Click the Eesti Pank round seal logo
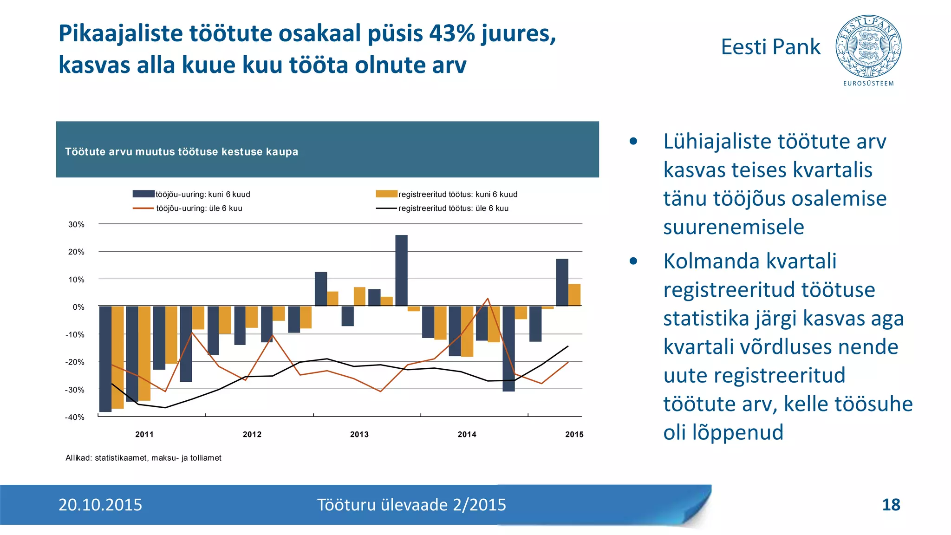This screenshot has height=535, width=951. pyautogui.click(x=868, y=46)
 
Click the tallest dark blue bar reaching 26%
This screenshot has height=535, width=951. pyautogui.click(x=401, y=270)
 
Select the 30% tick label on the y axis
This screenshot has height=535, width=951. pyautogui.click(x=76, y=224)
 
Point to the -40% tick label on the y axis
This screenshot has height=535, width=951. pyautogui.click(x=75, y=417)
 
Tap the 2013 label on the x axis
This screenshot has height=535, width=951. pyautogui.click(x=359, y=434)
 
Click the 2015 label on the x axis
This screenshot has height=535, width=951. pyautogui.click(x=574, y=434)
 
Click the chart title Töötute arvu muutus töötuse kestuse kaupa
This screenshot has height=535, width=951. pyautogui.click(x=182, y=152)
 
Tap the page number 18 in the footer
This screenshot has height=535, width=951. pyautogui.click(x=891, y=505)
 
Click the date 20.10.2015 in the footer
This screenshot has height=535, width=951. pyautogui.click(x=100, y=505)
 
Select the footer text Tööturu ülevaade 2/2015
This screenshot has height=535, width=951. pyautogui.click(x=411, y=505)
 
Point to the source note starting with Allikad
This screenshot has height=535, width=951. pyautogui.click(x=143, y=458)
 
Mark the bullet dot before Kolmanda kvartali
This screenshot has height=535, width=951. pyautogui.click(x=633, y=261)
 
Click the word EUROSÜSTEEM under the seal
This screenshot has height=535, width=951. pyautogui.click(x=868, y=84)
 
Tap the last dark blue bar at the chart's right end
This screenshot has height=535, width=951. pyautogui.click(x=562, y=282)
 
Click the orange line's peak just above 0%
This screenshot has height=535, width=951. pyautogui.click(x=488, y=299)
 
